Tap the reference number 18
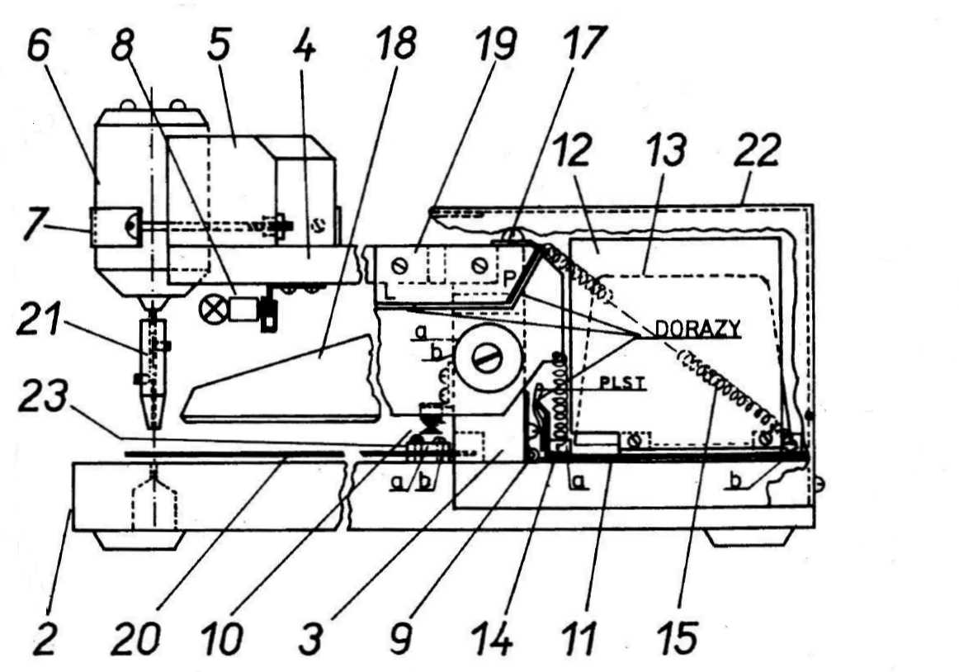click(396, 43)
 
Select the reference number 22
click(757, 150)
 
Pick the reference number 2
click(44, 637)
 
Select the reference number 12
click(571, 150)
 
